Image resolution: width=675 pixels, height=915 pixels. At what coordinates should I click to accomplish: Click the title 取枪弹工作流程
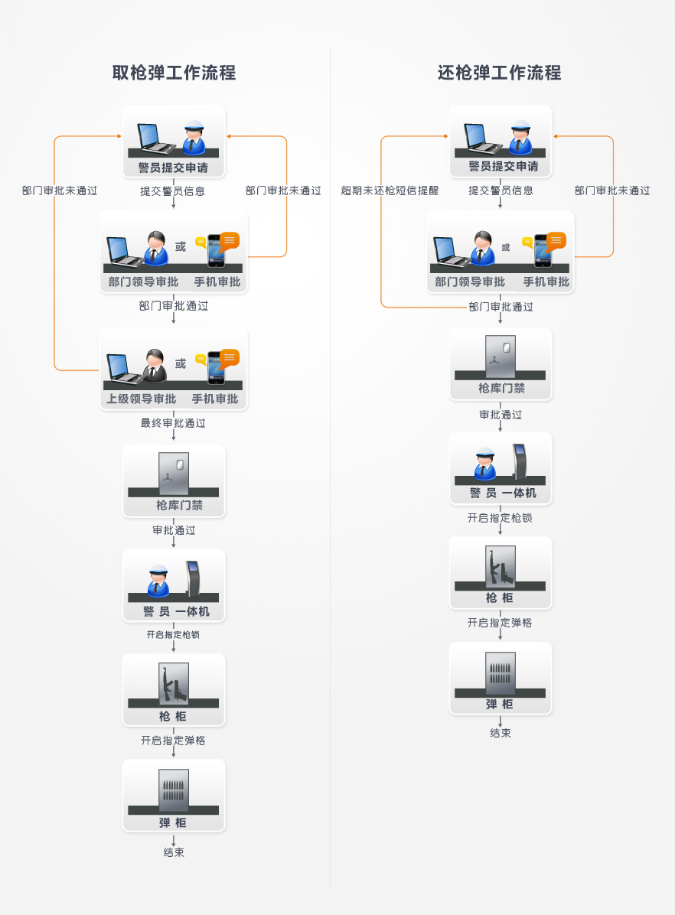[x=174, y=73]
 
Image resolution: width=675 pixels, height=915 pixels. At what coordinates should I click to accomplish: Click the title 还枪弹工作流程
[x=500, y=73]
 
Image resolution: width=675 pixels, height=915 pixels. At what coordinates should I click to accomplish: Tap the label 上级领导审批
[x=142, y=399]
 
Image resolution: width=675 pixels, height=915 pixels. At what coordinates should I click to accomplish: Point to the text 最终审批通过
[x=173, y=422]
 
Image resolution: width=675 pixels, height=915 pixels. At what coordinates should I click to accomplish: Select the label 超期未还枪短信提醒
[x=390, y=190]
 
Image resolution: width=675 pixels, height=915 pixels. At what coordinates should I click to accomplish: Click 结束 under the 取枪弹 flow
[x=174, y=852]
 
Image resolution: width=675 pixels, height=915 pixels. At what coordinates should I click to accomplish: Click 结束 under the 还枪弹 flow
[x=501, y=733]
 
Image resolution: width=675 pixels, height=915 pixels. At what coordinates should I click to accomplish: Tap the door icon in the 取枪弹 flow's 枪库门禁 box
[x=174, y=473]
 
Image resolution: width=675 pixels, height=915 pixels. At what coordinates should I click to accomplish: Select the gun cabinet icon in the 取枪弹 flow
[x=174, y=683]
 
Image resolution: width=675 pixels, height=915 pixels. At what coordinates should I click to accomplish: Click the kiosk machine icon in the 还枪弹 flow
[x=520, y=461]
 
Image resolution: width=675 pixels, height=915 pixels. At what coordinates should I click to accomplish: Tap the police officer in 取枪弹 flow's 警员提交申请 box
[x=194, y=138]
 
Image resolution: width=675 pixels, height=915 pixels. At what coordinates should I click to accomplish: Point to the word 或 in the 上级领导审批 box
[x=181, y=364]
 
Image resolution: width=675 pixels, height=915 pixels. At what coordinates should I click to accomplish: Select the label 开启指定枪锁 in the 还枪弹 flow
[x=500, y=518]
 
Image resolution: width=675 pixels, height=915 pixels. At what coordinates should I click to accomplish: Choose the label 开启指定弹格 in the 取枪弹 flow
[x=173, y=741]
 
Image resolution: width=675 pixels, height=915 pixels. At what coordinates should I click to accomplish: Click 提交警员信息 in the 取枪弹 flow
[x=172, y=191]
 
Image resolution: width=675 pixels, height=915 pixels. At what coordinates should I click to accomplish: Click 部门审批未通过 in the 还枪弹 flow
[x=612, y=190]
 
